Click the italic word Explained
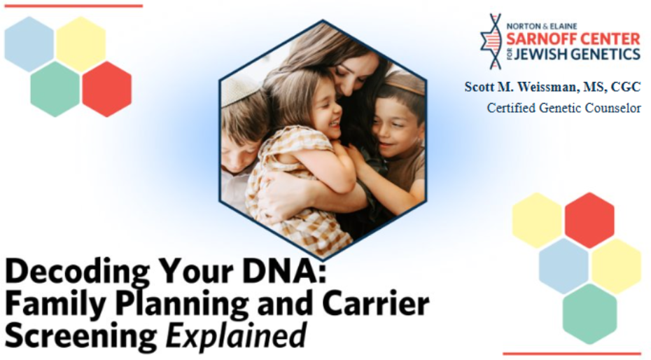[236, 335]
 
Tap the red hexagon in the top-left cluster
[107, 89]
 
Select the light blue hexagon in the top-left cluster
[29, 44]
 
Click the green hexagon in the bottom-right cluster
[589, 314]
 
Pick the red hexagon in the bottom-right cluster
[589, 221]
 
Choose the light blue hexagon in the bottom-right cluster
[563, 265]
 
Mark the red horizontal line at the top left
[73, 6]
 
